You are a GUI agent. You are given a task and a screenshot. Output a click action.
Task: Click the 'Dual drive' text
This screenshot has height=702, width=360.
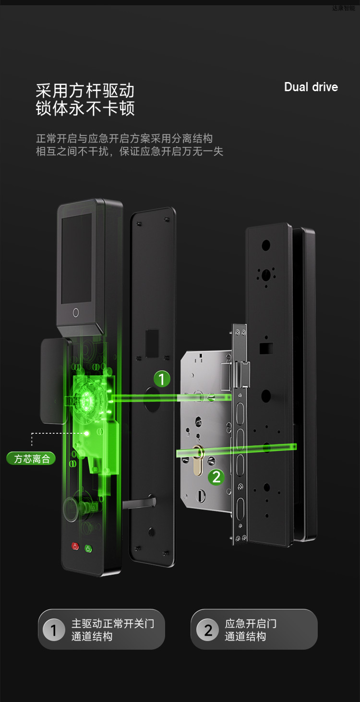coord(311,87)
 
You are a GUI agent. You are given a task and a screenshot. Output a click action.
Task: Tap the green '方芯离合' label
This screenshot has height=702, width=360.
coord(31,459)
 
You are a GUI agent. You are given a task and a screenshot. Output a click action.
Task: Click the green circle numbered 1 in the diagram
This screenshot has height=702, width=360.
coord(162,379)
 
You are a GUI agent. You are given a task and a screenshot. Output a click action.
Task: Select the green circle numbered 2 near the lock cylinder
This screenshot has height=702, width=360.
coord(216,477)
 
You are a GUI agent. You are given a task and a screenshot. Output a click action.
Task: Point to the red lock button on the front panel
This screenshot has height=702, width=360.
coord(75,546)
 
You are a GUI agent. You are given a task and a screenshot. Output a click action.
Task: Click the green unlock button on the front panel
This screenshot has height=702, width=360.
coord(88,548)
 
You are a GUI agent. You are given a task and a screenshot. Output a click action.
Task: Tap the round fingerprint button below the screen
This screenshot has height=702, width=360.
coord(76,312)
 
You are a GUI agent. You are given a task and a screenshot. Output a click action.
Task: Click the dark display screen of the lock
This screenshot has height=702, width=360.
coord(76,259)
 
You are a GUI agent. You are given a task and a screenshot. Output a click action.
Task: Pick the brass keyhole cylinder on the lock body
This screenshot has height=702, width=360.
coord(198,460)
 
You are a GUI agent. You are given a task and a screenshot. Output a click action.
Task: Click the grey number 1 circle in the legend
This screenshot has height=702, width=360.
coord(54,630)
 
